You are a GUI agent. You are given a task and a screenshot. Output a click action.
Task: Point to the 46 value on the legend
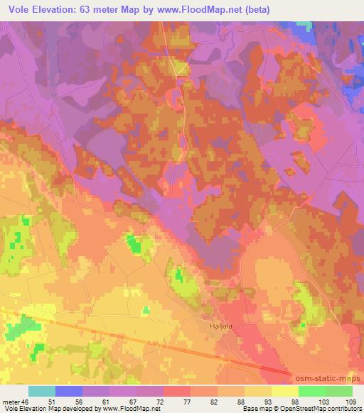(x=28, y=402)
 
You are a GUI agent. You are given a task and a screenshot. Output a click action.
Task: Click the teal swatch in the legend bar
(x=42, y=391)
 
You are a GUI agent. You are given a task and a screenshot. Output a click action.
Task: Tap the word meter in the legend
(x=12, y=402)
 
